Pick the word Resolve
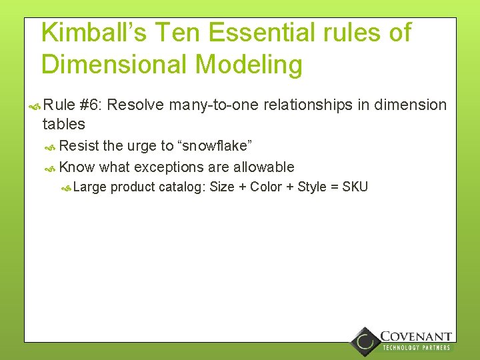(x=140, y=105)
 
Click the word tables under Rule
(x=63, y=124)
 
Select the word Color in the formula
(x=266, y=187)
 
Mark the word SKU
(x=355, y=187)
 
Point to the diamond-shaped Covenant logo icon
(x=364, y=341)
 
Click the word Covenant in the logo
(x=416, y=337)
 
